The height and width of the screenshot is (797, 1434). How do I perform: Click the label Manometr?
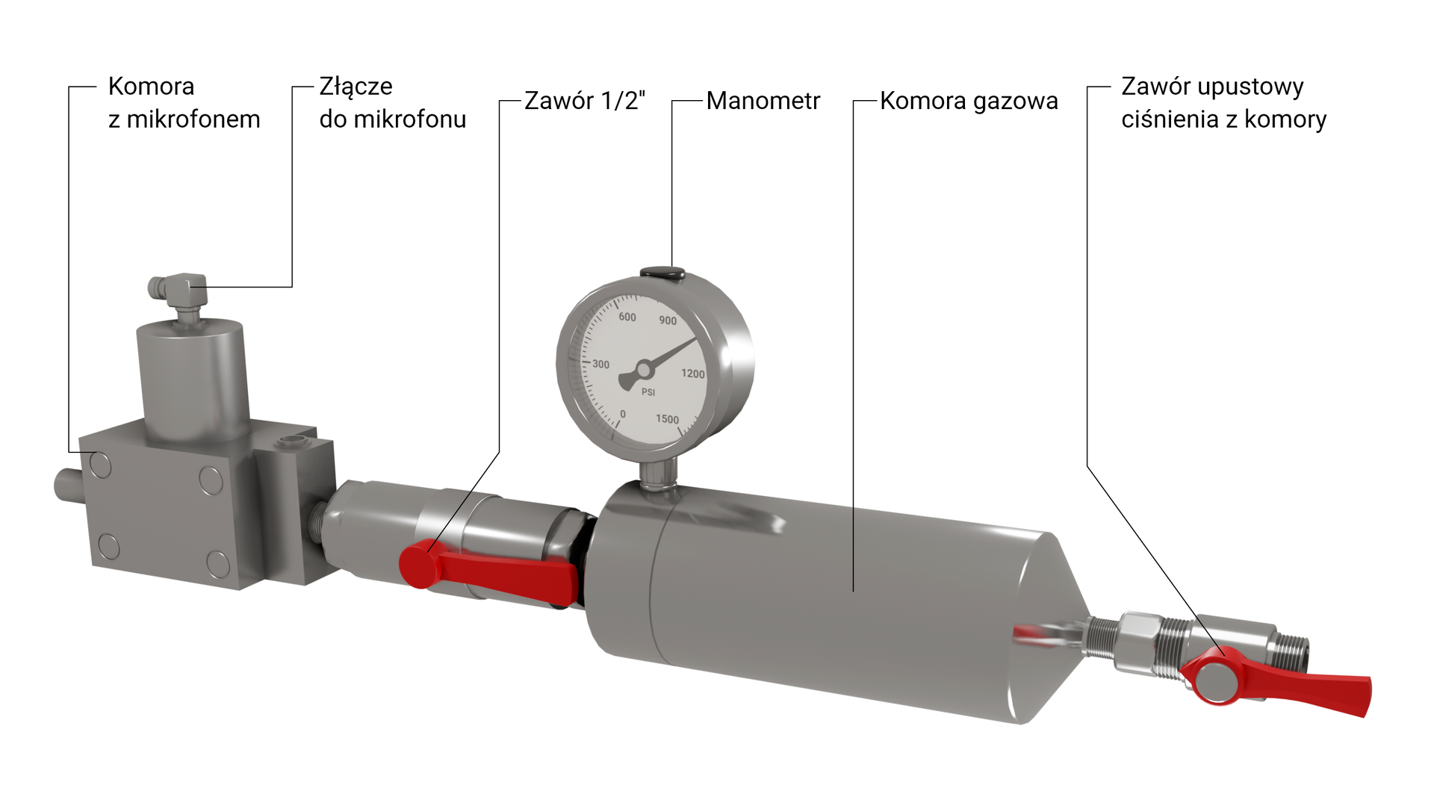point(763,101)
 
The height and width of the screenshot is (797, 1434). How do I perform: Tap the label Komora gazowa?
point(968,101)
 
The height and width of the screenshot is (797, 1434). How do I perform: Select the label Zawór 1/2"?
point(584,101)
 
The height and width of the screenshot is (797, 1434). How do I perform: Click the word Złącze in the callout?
point(356,87)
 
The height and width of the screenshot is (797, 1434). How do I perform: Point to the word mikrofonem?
point(193,120)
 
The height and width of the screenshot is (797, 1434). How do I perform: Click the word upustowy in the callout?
point(1250,87)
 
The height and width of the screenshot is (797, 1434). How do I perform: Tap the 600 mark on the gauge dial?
point(627,317)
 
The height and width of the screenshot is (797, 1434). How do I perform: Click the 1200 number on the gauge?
point(692,373)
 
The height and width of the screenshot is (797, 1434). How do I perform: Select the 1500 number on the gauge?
point(667,419)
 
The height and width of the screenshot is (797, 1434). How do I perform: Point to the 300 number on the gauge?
point(600,365)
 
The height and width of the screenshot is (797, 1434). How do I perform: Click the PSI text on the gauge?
point(648,392)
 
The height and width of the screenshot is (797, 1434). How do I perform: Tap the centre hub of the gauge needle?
point(643,370)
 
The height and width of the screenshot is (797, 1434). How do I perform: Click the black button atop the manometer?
point(662,273)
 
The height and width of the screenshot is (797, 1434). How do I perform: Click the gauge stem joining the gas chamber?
point(658,474)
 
